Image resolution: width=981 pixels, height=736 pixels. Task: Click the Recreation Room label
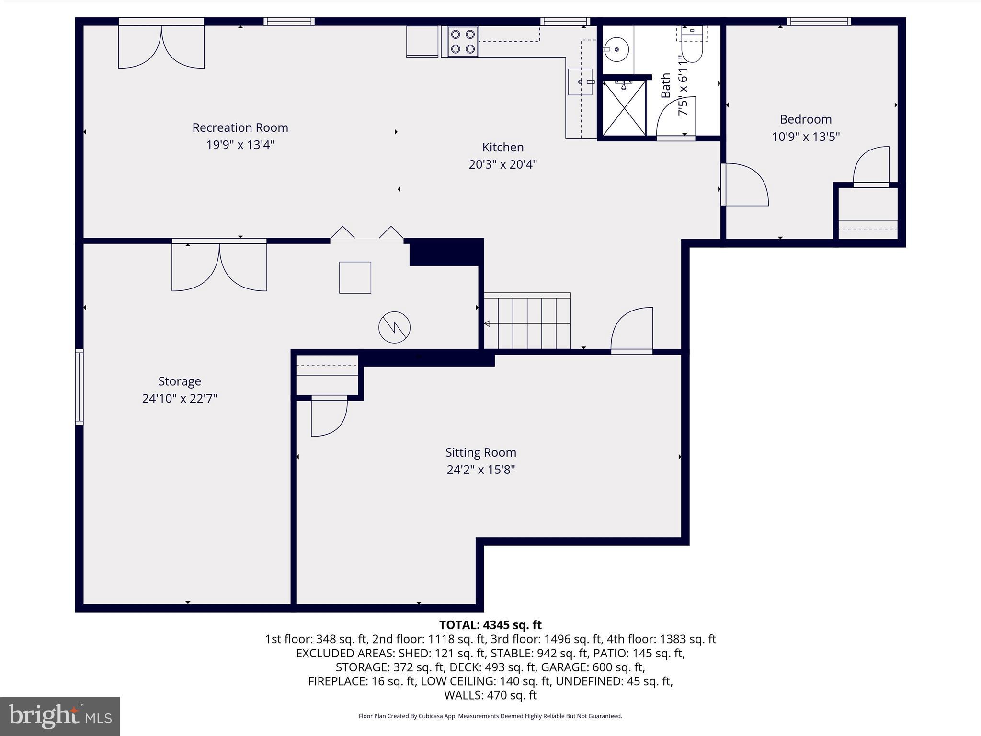pyautogui.click(x=240, y=128)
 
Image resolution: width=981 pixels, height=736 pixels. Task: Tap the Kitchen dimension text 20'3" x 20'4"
pyautogui.click(x=502, y=164)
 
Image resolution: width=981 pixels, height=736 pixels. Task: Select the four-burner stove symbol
pyautogui.click(x=463, y=42)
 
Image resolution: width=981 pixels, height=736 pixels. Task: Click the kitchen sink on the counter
pyautogui.click(x=580, y=82)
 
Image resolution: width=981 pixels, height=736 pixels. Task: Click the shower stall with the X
pyautogui.click(x=624, y=108)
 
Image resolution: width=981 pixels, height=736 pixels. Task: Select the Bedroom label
pyautogui.click(x=805, y=119)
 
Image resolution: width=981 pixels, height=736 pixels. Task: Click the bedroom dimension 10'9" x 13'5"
pyautogui.click(x=805, y=137)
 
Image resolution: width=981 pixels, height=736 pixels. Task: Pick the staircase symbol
pyautogui.click(x=527, y=322)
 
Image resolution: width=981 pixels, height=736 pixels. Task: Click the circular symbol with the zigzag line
pyautogui.click(x=394, y=327)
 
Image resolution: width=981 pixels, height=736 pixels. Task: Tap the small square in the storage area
pyautogui.click(x=355, y=277)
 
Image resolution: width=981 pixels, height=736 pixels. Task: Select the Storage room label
pyautogui.click(x=180, y=381)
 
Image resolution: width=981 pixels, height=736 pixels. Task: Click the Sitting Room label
pyautogui.click(x=480, y=452)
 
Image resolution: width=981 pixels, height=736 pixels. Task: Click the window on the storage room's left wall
pyautogui.click(x=80, y=387)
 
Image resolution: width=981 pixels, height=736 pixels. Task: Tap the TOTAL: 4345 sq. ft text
pyautogui.click(x=490, y=625)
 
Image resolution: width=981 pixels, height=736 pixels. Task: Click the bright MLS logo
pyautogui.click(x=60, y=716)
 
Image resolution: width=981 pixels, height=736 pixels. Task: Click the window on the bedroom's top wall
pyautogui.click(x=819, y=21)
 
